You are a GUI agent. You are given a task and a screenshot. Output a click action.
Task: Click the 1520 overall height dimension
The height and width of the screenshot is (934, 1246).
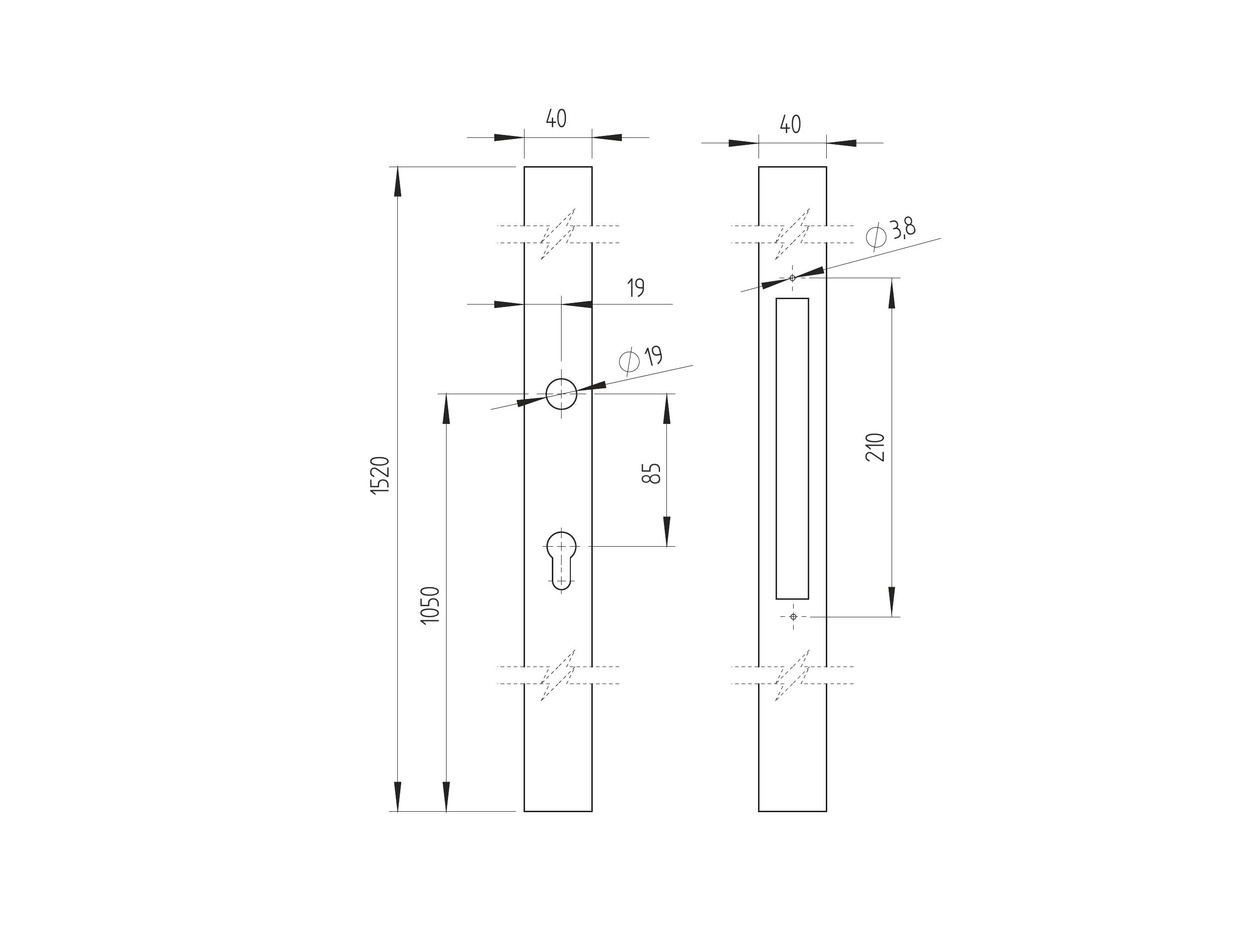click(x=380, y=476)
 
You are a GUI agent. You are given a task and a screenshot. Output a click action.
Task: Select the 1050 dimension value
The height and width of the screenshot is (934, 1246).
click(x=430, y=605)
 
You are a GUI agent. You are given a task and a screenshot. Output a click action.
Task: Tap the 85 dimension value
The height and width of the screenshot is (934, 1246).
click(x=651, y=474)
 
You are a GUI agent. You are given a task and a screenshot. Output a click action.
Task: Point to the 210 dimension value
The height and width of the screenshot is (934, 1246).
click(x=876, y=448)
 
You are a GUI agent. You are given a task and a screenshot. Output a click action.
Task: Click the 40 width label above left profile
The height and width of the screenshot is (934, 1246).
click(x=556, y=118)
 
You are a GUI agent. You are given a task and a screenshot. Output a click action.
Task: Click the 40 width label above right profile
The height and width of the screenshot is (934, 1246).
click(x=790, y=124)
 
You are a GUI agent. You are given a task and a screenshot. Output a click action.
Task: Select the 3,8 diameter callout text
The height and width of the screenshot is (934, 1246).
click(x=902, y=229)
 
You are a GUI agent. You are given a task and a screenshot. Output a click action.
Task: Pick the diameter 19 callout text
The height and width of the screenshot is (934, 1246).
click(x=653, y=356)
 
